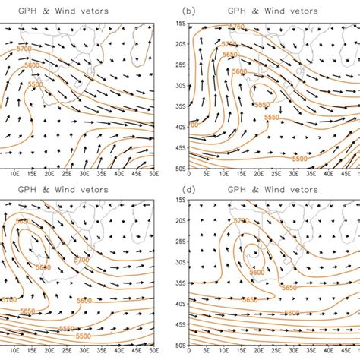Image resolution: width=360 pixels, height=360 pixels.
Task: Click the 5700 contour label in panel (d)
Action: pos(241,221)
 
